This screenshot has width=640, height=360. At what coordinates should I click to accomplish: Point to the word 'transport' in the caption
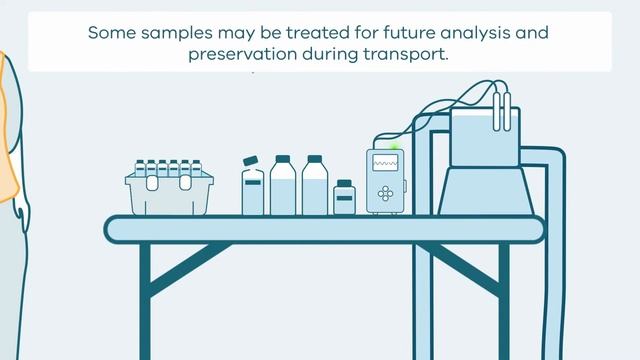pos(408,54)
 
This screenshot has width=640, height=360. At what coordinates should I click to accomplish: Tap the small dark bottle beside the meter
pos(344,198)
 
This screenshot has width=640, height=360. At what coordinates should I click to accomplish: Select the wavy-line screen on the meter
pos(385,162)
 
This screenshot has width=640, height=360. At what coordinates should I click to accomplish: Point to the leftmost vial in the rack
pos(140,168)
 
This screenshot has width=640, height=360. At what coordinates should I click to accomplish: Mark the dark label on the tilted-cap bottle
pos(253,182)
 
